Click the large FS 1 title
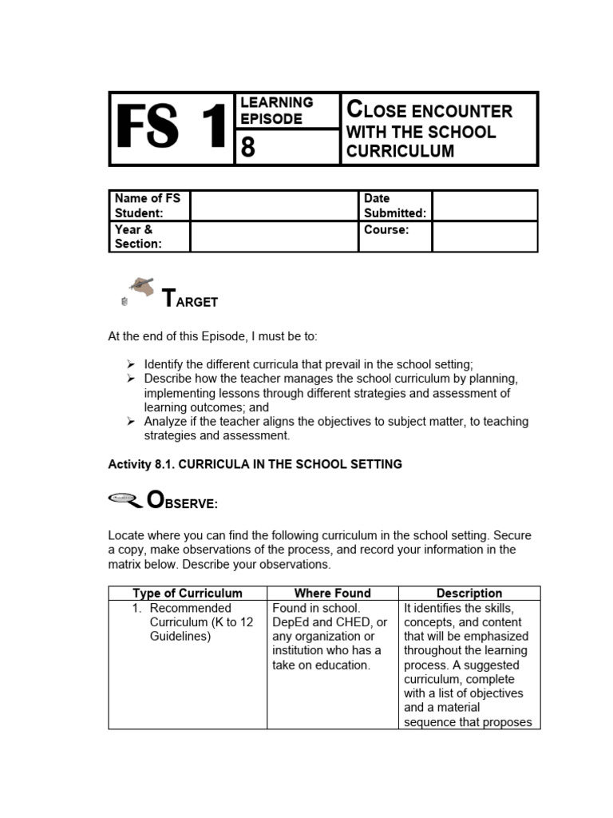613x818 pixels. (171, 129)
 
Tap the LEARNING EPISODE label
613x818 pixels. (277, 110)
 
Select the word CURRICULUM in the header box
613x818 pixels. (397, 151)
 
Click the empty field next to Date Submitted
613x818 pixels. (484, 205)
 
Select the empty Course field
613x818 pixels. (484, 236)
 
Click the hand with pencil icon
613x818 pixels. (140, 288)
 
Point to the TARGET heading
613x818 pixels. (189, 300)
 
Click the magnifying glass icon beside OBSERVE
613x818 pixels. (124, 500)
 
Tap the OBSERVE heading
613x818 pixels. (182, 502)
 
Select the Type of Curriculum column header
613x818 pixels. (188, 593)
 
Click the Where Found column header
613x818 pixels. (332, 593)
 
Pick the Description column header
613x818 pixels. (469, 593)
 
